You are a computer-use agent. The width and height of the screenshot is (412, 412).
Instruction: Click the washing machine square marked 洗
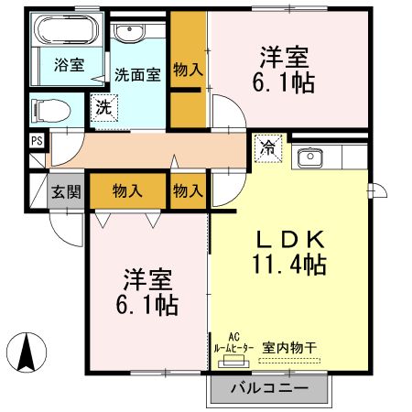pos(104,107)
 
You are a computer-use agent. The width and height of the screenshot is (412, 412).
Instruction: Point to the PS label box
pos(37,140)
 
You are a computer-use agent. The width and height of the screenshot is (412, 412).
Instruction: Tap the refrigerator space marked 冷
pos(270,146)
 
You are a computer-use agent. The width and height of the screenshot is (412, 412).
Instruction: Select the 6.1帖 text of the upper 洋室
pos(284,83)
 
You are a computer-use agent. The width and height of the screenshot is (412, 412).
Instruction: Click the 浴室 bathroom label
pos(69,65)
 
